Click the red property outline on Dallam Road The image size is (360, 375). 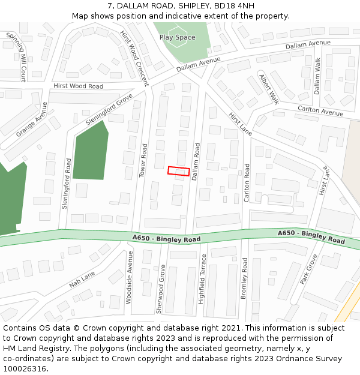178,171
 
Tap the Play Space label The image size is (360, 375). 177,37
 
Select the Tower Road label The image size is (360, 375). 143,160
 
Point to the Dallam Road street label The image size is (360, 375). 196,161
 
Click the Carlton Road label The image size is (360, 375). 247,182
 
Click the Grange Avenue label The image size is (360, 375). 31,119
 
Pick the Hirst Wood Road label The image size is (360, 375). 78,86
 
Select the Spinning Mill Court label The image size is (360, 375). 17,56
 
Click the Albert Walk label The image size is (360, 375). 269,89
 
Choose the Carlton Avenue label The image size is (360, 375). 320,110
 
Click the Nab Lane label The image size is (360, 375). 82,278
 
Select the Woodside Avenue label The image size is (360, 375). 129,269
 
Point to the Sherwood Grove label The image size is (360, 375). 160,289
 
